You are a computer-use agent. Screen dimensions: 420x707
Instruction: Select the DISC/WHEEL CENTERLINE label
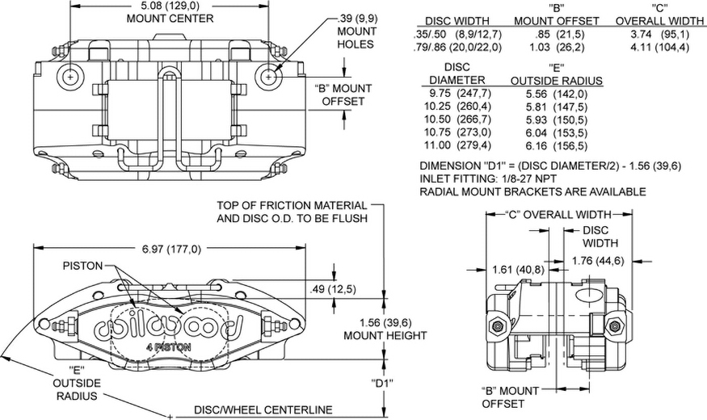(263, 410)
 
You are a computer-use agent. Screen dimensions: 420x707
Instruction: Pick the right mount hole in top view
(268, 77)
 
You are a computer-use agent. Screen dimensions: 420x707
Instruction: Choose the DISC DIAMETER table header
(457, 73)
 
